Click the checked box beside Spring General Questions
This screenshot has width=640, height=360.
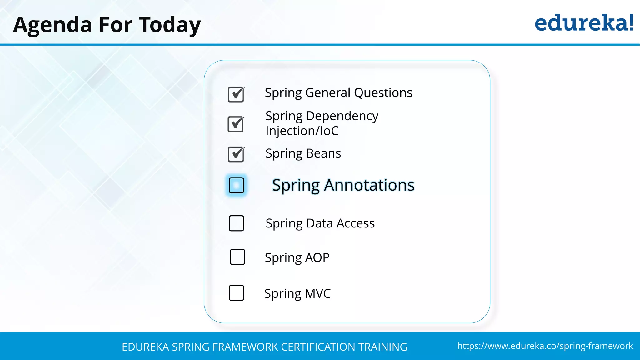tap(236, 94)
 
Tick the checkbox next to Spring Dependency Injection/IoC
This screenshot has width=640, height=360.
tap(236, 124)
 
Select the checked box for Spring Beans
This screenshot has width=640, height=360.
tap(236, 154)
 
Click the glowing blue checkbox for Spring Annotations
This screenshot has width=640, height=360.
tap(236, 185)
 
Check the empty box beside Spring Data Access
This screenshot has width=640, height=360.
tap(236, 223)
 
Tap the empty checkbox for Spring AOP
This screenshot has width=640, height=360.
tap(237, 257)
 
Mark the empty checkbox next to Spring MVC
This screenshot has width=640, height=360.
tap(236, 293)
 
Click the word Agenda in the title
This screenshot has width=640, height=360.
tap(52, 25)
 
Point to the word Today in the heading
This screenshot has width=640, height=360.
tap(170, 25)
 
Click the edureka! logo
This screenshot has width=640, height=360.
tap(584, 23)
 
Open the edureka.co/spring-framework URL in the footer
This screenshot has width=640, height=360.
tap(545, 346)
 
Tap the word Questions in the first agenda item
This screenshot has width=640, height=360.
tap(383, 93)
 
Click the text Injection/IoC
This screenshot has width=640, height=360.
tap(302, 131)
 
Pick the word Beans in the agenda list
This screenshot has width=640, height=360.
tap(323, 153)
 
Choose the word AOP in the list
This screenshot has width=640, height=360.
tap(317, 257)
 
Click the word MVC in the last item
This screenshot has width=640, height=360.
tap(317, 293)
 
